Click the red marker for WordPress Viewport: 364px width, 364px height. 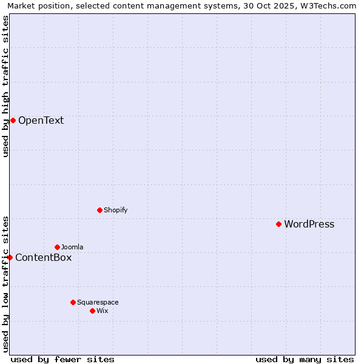[278, 224]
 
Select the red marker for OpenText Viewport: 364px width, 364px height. [13, 120]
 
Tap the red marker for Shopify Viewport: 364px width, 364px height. [99, 210]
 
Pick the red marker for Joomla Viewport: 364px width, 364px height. [57, 247]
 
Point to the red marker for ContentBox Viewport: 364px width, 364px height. [10, 257]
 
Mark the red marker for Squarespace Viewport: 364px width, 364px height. [73, 302]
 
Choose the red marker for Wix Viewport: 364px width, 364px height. [92, 311]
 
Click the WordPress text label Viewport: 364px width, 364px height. [309, 224]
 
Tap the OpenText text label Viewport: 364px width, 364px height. [41, 120]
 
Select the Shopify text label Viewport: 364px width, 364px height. [115, 210]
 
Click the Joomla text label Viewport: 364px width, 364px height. [72, 247]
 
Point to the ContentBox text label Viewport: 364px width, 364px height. [43, 257]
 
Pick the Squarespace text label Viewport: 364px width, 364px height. [98, 302]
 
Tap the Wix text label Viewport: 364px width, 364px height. [102, 311]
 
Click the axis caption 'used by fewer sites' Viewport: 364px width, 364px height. [62, 359]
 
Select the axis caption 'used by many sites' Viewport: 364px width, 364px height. [305, 359]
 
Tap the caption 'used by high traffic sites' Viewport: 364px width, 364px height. [5, 86]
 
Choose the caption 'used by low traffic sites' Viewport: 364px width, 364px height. [5, 284]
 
